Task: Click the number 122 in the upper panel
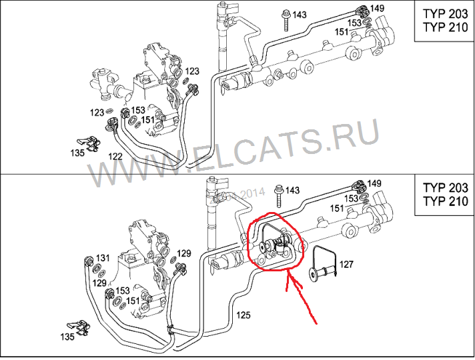(x=115, y=157)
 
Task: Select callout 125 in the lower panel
(x=244, y=315)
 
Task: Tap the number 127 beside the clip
(x=346, y=264)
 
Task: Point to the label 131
(x=103, y=258)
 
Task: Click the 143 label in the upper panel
(x=300, y=15)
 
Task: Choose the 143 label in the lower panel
(x=292, y=191)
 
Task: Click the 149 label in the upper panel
(x=377, y=8)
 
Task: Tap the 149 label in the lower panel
(x=375, y=183)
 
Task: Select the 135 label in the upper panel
(x=77, y=153)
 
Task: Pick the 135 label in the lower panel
(x=67, y=337)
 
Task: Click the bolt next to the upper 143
(x=286, y=20)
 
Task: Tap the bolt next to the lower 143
(x=279, y=196)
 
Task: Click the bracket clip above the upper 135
(x=89, y=143)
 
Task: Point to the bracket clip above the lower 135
(x=79, y=327)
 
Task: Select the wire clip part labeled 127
(x=323, y=262)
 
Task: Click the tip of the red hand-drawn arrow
(x=288, y=272)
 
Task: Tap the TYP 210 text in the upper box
(x=446, y=27)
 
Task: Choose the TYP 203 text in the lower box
(x=446, y=188)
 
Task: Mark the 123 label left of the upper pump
(x=97, y=113)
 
